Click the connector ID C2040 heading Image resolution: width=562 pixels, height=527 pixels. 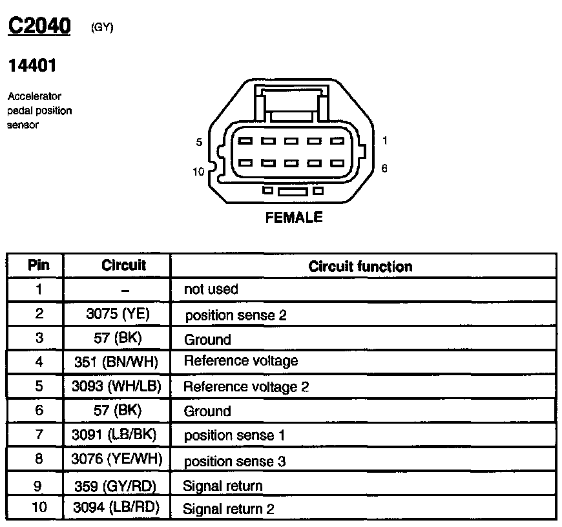coord(39,26)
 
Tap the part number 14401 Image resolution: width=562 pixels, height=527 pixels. coord(32,67)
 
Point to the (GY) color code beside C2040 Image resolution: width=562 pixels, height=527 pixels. coord(102,28)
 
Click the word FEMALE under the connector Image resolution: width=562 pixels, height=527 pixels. coord(293,218)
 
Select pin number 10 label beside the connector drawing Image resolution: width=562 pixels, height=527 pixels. coord(198,172)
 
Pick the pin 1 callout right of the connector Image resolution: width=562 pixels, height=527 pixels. coord(384,140)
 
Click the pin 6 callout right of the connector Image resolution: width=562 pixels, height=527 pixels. coord(384,169)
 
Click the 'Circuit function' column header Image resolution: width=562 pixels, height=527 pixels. coord(360,266)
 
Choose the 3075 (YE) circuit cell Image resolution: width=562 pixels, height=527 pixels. coord(117,315)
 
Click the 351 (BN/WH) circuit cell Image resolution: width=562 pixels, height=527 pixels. coord(117,362)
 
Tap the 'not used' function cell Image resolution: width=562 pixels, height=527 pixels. coord(211,289)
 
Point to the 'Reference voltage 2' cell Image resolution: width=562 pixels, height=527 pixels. coord(246,387)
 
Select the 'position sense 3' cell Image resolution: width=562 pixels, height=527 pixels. coord(234,461)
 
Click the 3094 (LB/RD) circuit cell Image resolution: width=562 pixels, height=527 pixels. coord(117,508)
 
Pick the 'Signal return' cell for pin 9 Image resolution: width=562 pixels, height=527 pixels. coord(223,486)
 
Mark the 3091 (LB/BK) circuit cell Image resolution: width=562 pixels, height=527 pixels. coord(117,435)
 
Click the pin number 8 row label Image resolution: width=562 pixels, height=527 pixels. coord(39,459)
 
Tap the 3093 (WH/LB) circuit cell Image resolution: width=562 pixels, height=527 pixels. coord(117,386)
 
